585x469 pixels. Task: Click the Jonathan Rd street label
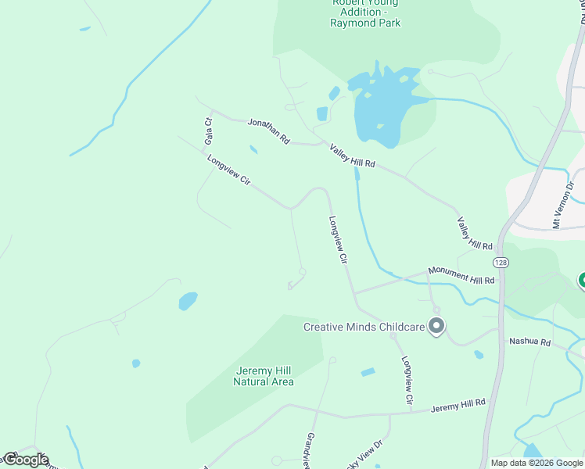(x=269, y=131)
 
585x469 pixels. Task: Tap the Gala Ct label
(x=208, y=131)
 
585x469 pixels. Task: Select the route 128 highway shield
(x=501, y=263)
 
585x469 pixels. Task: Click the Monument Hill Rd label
(x=462, y=274)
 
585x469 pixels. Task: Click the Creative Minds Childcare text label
(x=365, y=327)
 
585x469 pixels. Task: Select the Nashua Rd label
(x=529, y=342)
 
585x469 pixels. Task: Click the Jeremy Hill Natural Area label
(x=264, y=376)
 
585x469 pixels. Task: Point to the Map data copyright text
(x=537, y=463)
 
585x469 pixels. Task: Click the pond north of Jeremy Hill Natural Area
(x=188, y=301)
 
